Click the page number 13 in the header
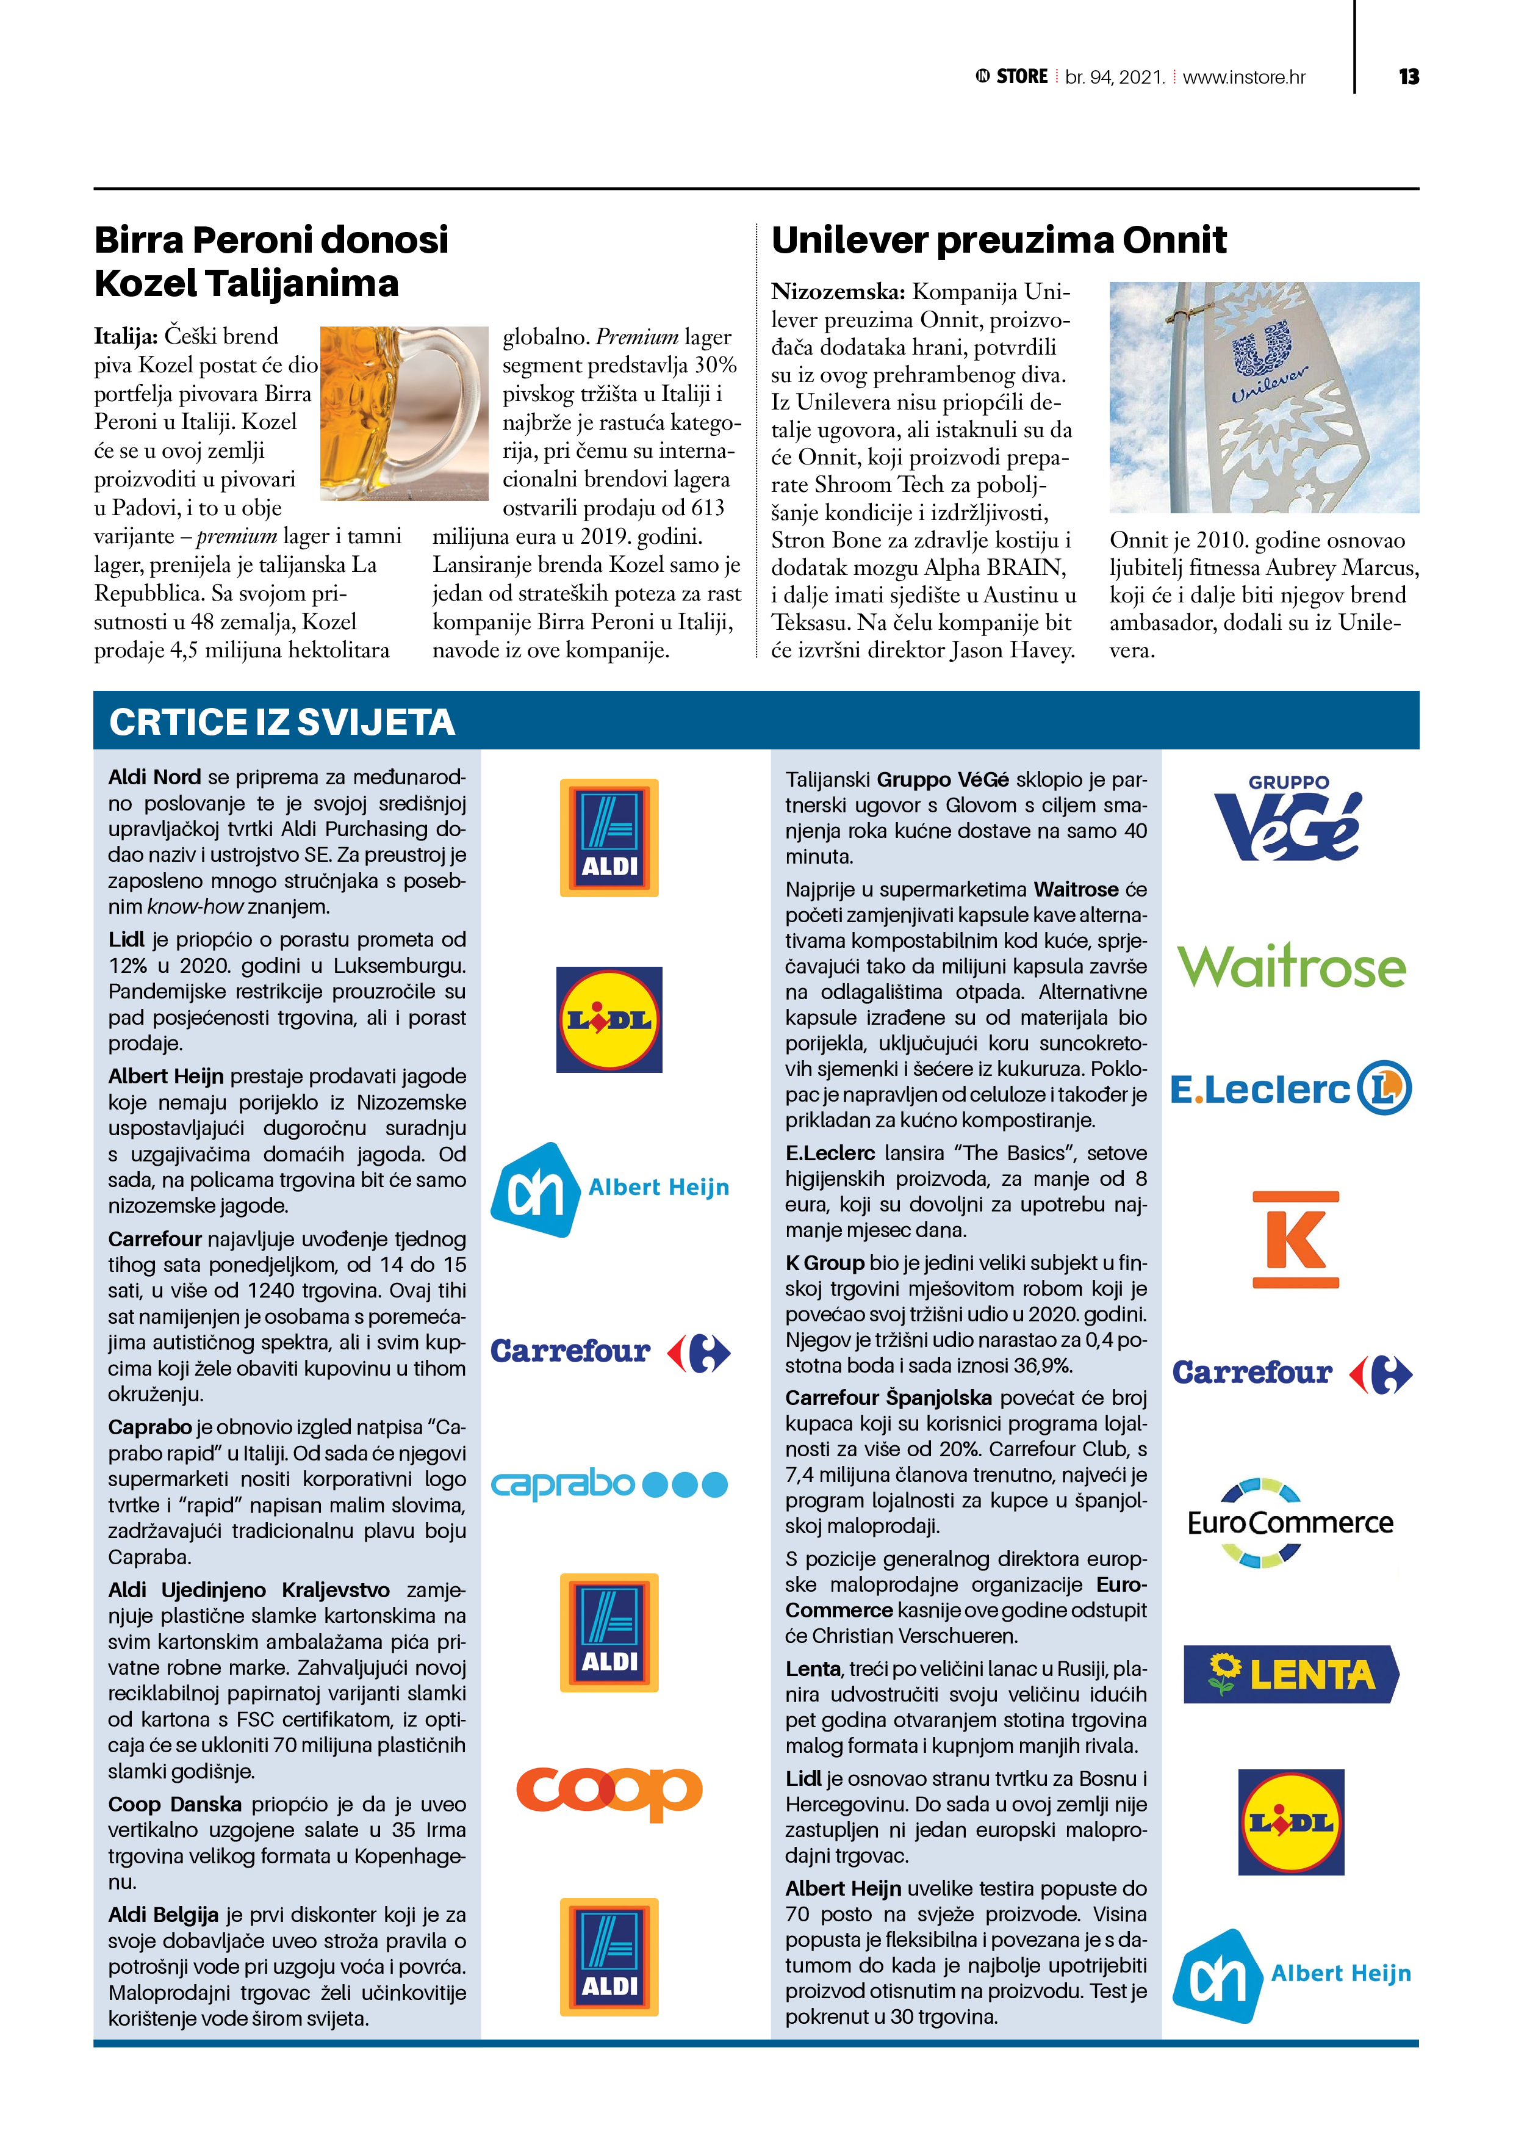pyautogui.click(x=1407, y=76)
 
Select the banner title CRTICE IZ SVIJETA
pyautogui.click(x=281, y=723)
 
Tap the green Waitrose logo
pyautogui.click(x=1291, y=966)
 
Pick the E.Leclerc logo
pyautogui.click(x=1291, y=1088)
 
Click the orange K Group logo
pyautogui.click(x=1296, y=1240)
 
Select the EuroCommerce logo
pyautogui.click(x=1290, y=1523)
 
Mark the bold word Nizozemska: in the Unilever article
pyautogui.click(x=837, y=292)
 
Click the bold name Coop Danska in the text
pyautogui.click(x=174, y=1804)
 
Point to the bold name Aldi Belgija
pyautogui.click(x=163, y=1915)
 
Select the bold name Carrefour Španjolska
pyautogui.click(x=888, y=1398)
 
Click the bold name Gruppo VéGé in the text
pyautogui.click(x=943, y=779)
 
